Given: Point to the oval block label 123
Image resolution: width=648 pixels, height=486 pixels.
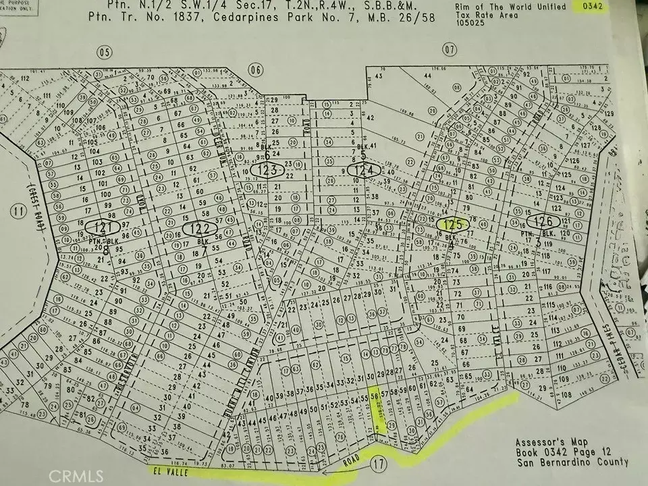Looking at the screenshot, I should (x=268, y=171).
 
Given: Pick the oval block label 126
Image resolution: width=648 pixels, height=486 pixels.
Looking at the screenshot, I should (x=544, y=221).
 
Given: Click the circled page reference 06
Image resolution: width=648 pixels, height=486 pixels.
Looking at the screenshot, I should (x=254, y=68).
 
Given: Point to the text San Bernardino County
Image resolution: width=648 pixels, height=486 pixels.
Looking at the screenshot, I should (x=572, y=462).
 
